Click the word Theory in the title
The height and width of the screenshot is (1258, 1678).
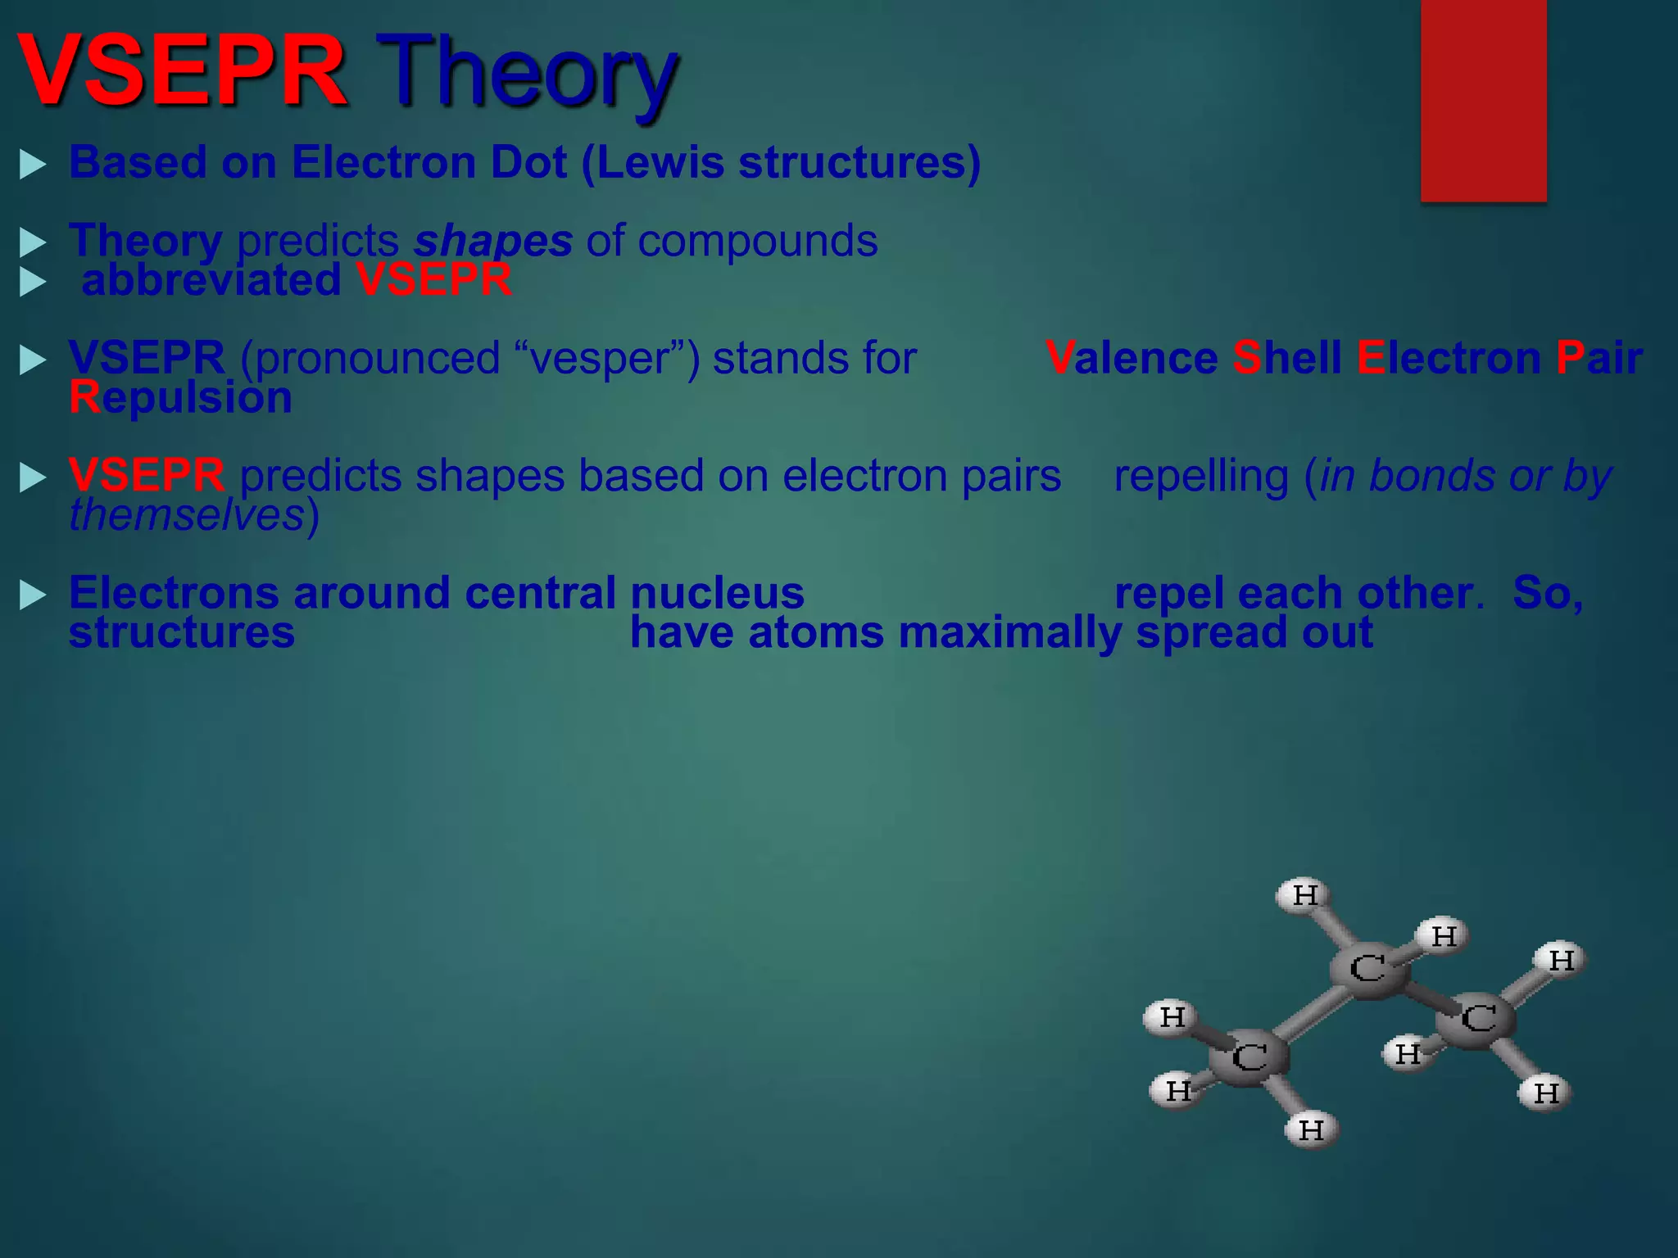coord(528,72)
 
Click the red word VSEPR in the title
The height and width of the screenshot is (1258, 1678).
coord(182,72)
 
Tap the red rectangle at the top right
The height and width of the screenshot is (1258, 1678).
coord(1483,100)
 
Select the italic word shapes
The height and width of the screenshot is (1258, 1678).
coord(492,241)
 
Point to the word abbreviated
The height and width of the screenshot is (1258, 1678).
coord(211,280)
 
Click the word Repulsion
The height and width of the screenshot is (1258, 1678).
coord(180,398)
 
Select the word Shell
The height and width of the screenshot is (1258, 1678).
coord(1287,359)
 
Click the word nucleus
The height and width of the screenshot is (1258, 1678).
coord(717,593)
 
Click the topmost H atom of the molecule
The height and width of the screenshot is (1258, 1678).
coord(1303,895)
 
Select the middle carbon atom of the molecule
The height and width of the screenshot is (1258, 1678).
coord(1367,970)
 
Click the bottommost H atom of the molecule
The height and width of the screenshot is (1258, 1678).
coord(1311,1130)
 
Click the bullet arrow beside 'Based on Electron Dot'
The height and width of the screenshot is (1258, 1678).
coord(33,164)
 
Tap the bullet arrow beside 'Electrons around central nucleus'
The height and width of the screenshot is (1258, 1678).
coord(33,595)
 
